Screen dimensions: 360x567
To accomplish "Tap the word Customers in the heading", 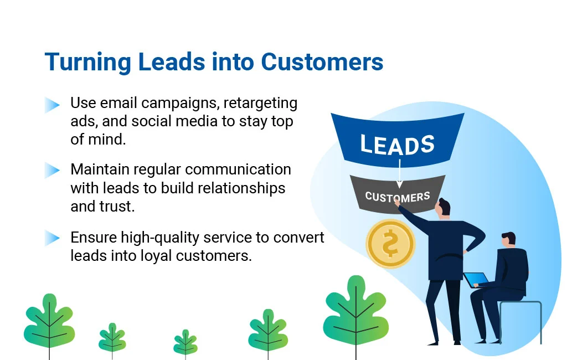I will [322, 62].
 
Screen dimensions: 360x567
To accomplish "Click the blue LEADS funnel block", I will [397, 141].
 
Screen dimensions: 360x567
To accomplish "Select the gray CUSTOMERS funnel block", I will [397, 193].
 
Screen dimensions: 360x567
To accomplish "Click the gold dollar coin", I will [390, 244].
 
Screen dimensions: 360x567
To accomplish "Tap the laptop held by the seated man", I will [476, 280].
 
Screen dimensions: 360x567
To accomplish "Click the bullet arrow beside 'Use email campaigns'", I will [52, 105].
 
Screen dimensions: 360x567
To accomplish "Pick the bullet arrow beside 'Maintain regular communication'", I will [52, 171].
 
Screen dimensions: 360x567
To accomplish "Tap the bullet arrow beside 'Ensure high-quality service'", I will [52, 238].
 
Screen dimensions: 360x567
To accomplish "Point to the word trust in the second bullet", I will [119, 207].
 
